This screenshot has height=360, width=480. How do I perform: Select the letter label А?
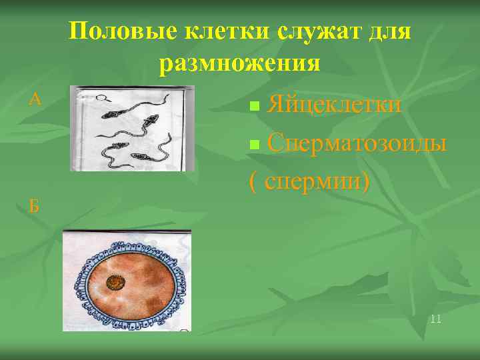(36, 100)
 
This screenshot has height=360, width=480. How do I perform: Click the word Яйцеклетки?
(334, 105)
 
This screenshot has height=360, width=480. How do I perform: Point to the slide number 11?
(436, 319)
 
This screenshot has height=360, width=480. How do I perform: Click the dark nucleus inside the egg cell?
(117, 283)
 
